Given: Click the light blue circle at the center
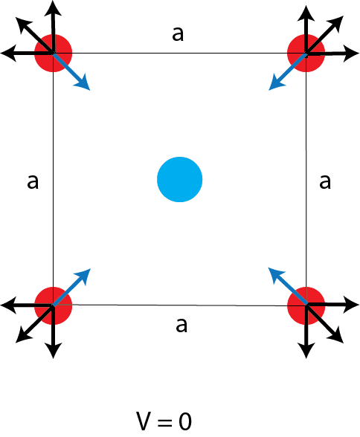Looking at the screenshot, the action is click(x=179, y=179).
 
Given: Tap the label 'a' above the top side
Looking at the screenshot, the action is click(x=178, y=34).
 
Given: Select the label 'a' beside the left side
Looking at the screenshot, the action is click(x=33, y=182).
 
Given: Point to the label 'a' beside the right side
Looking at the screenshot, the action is click(x=325, y=182).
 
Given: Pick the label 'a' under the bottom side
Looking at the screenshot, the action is click(x=181, y=325).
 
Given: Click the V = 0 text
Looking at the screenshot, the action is click(x=164, y=421).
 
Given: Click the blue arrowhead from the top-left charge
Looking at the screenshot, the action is click(x=83, y=83).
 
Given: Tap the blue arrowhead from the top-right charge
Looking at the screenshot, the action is click(x=276, y=83).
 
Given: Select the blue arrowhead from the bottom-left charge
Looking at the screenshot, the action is click(x=83, y=276).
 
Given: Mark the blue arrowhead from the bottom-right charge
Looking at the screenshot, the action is click(x=275, y=275).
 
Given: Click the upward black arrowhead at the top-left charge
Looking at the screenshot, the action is click(x=53, y=8).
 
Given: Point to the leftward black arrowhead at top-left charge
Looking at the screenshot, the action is click(x=8, y=53).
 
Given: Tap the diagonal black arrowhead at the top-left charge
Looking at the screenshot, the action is click(x=23, y=24).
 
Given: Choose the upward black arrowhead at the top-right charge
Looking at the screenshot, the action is click(x=306, y=13).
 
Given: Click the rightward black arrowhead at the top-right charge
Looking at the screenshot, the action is click(x=351, y=54).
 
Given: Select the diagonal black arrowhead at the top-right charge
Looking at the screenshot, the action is click(x=336, y=23).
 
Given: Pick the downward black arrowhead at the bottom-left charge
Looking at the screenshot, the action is click(x=53, y=351).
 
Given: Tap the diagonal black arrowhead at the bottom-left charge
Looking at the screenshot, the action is click(x=23, y=336).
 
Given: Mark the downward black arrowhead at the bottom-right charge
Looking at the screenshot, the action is click(x=306, y=351).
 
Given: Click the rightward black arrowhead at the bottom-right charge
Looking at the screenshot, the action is click(x=351, y=305).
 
